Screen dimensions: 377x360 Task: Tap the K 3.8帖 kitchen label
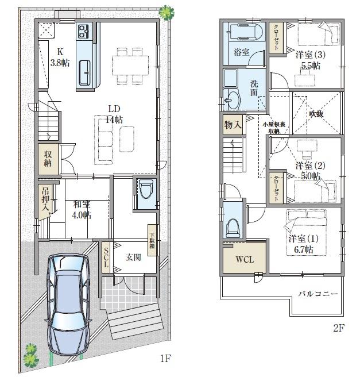[x=59, y=57]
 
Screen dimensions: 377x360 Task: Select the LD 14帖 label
[x=114, y=114]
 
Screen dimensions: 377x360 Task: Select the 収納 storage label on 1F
[x=48, y=159]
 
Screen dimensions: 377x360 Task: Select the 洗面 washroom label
[x=254, y=87]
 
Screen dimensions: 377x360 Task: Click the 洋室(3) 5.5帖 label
[x=308, y=60]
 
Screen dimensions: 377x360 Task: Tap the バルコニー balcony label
[x=318, y=294]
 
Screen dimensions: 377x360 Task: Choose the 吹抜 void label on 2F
[x=316, y=114]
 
